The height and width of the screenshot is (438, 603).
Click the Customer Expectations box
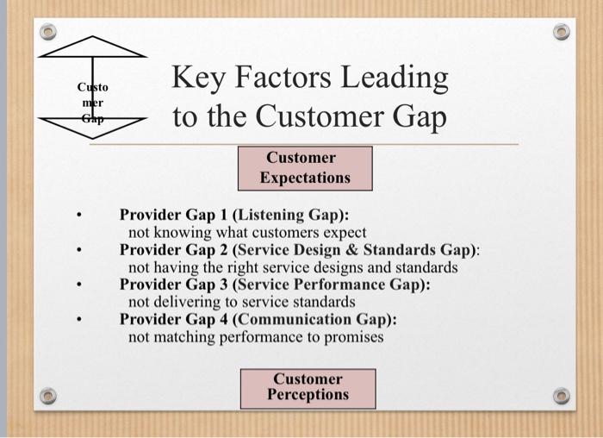pyautogui.click(x=305, y=168)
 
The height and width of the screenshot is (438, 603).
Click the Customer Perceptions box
pyautogui.click(x=308, y=387)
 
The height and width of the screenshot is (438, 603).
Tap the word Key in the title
pyautogui.click(x=202, y=78)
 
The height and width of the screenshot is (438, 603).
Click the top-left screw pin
pyautogui.click(x=48, y=32)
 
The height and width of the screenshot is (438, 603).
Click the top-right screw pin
pyautogui.click(x=562, y=32)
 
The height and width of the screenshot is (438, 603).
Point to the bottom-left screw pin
pyautogui.click(x=48, y=396)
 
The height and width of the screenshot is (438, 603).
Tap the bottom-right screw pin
pyautogui.click(x=562, y=396)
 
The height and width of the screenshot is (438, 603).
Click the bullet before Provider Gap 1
pyautogui.click(x=78, y=216)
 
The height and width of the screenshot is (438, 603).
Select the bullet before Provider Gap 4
pyautogui.click(x=78, y=319)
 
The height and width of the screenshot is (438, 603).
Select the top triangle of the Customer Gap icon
pyautogui.click(x=92, y=48)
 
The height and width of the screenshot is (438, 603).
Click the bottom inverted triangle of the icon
pyautogui.click(x=92, y=126)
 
